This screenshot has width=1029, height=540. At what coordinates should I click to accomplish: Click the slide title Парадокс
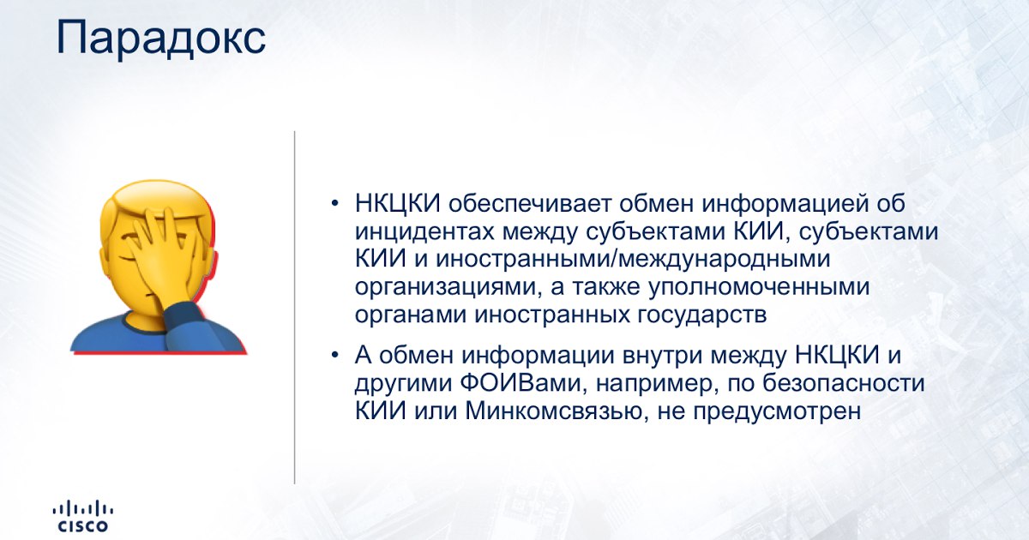click(x=161, y=38)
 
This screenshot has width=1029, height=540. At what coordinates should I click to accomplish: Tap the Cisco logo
click(x=83, y=517)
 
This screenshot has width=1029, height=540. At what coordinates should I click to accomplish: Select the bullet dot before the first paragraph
click(x=334, y=203)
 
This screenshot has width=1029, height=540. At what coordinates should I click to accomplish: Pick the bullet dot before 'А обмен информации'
click(x=334, y=355)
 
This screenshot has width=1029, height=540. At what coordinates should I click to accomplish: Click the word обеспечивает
click(x=530, y=204)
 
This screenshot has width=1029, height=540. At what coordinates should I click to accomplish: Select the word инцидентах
click(x=424, y=232)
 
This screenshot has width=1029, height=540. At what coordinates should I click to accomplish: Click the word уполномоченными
click(x=760, y=287)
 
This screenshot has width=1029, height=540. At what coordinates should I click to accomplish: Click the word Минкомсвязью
click(x=554, y=411)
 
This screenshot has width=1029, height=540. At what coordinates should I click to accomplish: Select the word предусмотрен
click(x=777, y=411)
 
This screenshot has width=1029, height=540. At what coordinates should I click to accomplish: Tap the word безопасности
click(x=844, y=383)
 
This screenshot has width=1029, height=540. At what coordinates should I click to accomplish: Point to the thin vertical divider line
click(x=294, y=307)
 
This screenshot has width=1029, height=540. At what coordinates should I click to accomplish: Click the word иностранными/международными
click(x=633, y=260)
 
